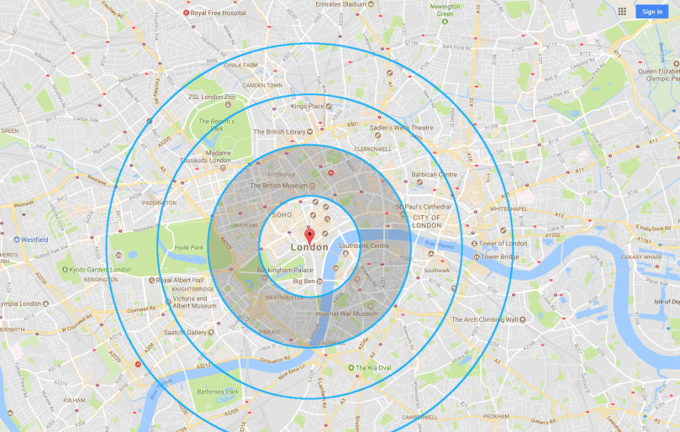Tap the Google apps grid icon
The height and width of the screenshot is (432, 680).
pos(622,11)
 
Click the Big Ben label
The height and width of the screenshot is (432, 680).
pos(304,281)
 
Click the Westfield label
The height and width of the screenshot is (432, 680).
pos(34,240)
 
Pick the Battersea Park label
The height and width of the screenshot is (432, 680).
pos(217,392)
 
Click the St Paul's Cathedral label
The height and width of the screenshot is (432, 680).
pos(424,207)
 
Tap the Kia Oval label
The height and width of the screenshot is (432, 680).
pos(372,367)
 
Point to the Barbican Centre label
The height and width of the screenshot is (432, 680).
pos(435,175)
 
